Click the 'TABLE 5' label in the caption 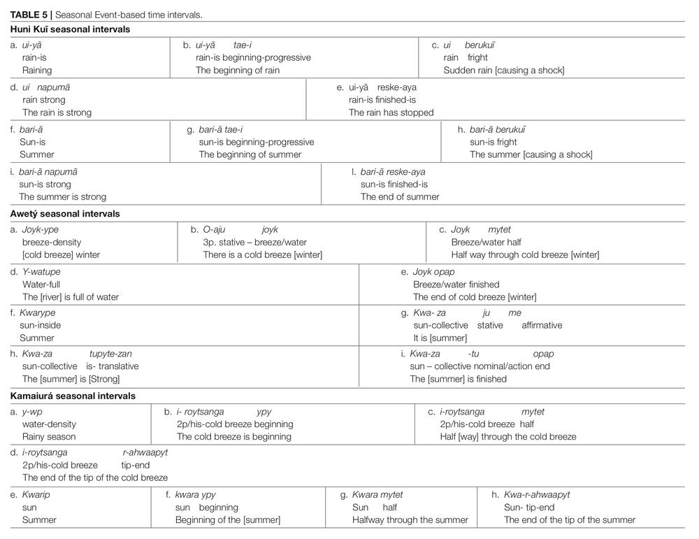(x=29, y=15)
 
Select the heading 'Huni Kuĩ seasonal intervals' (x=70, y=29)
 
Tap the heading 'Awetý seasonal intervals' (x=65, y=213)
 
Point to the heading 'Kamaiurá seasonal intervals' (x=73, y=396)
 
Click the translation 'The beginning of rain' (x=238, y=70)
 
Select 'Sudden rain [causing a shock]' (x=504, y=70)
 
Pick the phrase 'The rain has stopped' (x=391, y=113)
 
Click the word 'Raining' (x=37, y=70)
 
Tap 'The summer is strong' (x=62, y=196)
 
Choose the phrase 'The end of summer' (x=400, y=196)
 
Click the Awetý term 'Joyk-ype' (x=40, y=229)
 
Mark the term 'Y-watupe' (x=41, y=271)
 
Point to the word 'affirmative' (x=542, y=326)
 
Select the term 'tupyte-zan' (x=110, y=354)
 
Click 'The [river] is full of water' (x=71, y=297)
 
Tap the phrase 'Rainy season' (x=49, y=437)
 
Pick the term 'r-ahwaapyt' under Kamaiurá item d (x=145, y=452)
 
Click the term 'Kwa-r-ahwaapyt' (x=537, y=494)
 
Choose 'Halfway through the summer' (x=410, y=520)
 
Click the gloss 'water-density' (x=49, y=424)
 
